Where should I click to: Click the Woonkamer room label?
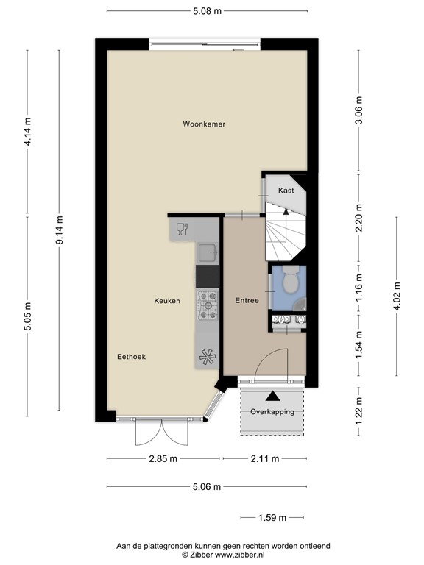click(x=204, y=124)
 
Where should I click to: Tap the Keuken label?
click(x=167, y=301)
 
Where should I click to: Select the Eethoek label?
click(x=132, y=357)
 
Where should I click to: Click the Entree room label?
click(x=247, y=301)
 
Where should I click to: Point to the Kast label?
click(x=286, y=191)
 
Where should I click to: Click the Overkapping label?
click(x=272, y=411)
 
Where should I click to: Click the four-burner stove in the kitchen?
click(x=208, y=305)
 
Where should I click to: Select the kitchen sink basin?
click(x=208, y=253)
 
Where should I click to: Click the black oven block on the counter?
click(x=208, y=277)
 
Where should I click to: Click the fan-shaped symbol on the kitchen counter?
click(x=208, y=356)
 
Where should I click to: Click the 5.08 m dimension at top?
click(x=207, y=11)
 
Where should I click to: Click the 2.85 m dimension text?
click(x=163, y=459)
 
